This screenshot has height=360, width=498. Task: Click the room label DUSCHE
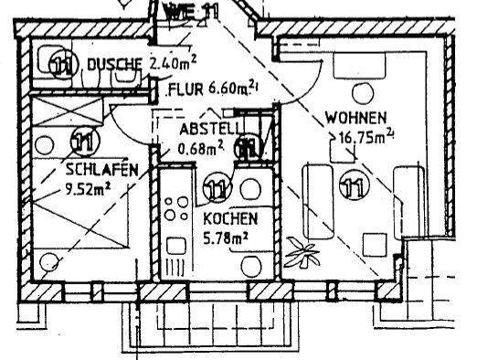pyautogui.click(x=113, y=63)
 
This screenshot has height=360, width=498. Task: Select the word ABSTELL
pyautogui.click(x=208, y=130)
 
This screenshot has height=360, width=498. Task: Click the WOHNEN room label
pyautogui.click(x=355, y=118)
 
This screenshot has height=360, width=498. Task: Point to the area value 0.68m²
pyautogui.click(x=201, y=145)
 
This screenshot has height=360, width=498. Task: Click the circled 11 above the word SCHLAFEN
pyautogui.click(x=82, y=143)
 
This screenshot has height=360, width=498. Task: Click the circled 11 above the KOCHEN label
pyautogui.click(x=217, y=189)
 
